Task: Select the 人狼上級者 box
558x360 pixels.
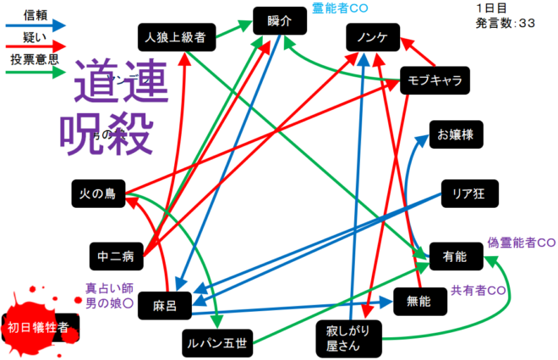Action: tap(177, 36)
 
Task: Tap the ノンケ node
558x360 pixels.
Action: tap(372, 37)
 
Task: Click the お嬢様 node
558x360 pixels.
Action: tap(456, 134)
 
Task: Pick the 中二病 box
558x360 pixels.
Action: tap(116, 254)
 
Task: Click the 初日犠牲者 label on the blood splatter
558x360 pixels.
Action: tap(38, 328)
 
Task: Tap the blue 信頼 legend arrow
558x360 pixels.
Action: tap(36, 26)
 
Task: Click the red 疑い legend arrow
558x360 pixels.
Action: tap(36, 49)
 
